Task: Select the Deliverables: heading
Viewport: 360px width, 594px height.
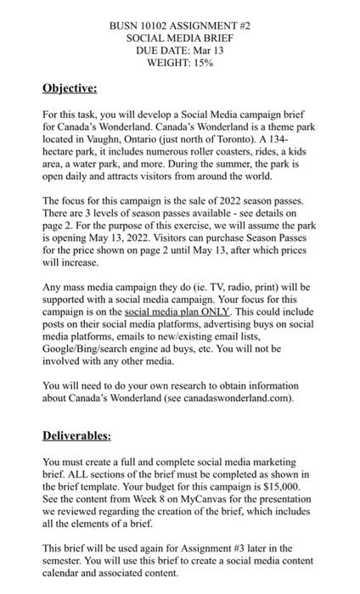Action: coord(76,435)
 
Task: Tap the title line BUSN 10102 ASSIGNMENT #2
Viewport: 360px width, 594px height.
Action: coord(180,26)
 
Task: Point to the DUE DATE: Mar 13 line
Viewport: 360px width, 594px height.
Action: coord(180,50)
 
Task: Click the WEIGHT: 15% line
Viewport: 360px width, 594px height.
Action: coord(180,62)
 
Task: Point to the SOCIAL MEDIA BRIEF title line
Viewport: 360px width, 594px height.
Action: coord(180,38)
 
